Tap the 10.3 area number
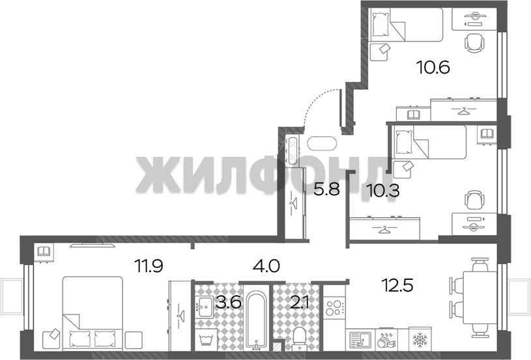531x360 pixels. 384,191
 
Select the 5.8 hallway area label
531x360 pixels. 326,189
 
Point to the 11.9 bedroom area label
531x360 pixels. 149,266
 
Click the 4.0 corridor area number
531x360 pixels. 266,266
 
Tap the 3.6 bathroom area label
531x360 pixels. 229,302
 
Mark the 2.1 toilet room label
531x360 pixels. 298,302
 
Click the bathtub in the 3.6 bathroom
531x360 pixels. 256,320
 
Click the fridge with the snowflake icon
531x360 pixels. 420,339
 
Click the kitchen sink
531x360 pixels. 360,340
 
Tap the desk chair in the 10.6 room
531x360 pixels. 474,43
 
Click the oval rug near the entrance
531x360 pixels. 322,143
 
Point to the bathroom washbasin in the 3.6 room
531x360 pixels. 205,307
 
